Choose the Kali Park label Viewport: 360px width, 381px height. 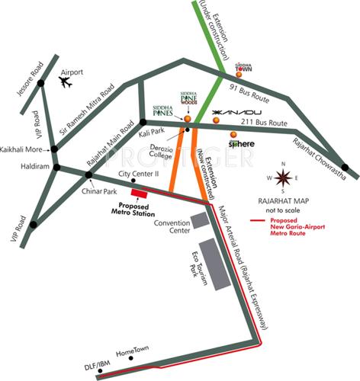pos(151,134)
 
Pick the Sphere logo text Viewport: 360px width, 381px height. pos(239,143)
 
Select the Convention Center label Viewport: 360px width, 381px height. pos(169,226)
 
